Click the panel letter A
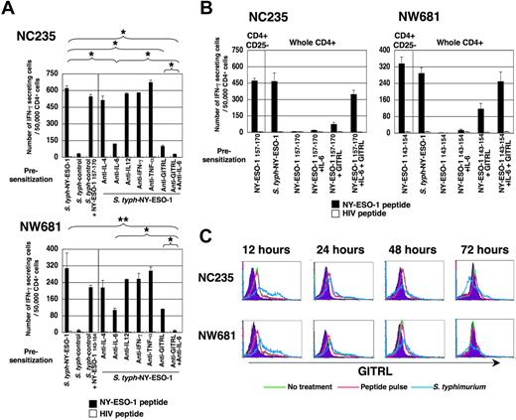coord(9,9)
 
